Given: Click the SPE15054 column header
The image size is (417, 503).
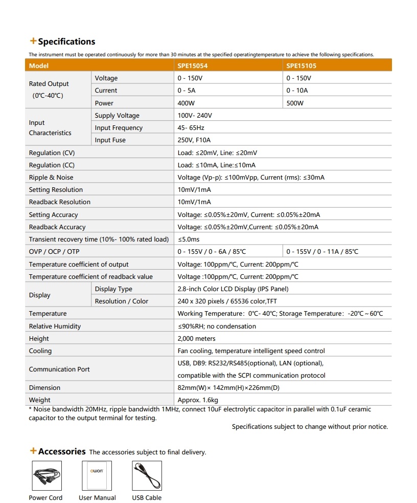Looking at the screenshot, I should coord(193,66).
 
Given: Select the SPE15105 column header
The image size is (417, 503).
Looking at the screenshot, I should coord(302,66).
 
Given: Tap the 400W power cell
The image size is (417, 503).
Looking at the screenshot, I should coord(186,103).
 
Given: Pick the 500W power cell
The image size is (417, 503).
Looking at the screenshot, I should coord(295,103).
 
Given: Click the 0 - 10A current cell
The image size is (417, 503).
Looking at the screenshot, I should coord(297,91).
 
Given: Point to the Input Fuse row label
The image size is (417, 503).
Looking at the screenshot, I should coord(110,140).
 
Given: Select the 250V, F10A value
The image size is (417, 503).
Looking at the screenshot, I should coord(194,140).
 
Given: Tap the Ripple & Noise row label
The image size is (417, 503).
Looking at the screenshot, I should coord(51,178).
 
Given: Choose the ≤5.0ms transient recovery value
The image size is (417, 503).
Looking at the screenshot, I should coord(189,239).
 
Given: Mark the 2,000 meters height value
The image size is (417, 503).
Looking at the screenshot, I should coord(196,339).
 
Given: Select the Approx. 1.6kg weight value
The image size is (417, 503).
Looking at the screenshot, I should coord(198,400).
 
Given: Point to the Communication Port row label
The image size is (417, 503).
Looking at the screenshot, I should coord(59,369).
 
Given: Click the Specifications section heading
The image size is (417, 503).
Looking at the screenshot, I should coord(66,42).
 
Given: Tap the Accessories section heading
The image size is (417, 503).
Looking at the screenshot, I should coord(61,451).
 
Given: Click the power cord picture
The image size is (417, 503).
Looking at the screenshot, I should coord(46,476).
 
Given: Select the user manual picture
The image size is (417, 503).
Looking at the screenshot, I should coord(97,476).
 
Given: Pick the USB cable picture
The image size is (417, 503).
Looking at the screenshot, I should coord(147,476).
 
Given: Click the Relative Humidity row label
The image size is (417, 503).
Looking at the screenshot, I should coord(55,326).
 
